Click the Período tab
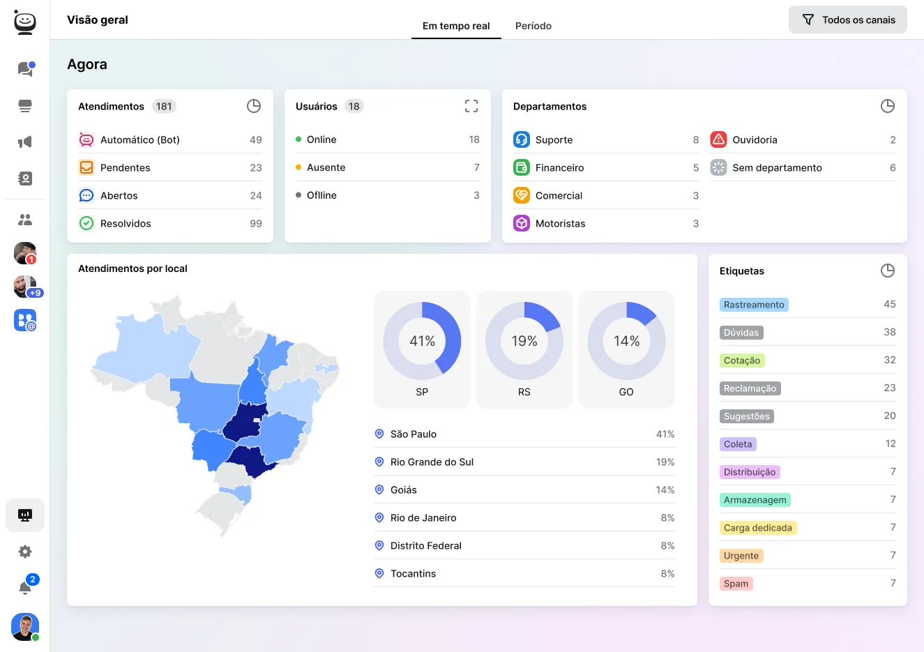click(x=533, y=26)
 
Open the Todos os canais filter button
click(x=847, y=20)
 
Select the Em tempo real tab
click(x=456, y=26)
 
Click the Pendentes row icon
click(x=86, y=167)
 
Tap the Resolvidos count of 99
click(x=255, y=223)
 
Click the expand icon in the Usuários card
click(x=471, y=106)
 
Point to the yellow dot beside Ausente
click(x=298, y=167)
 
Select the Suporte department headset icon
click(x=522, y=139)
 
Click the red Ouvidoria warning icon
click(x=718, y=139)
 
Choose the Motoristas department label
click(x=560, y=223)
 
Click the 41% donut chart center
click(x=422, y=341)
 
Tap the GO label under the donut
click(x=626, y=392)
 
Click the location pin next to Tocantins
click(x=379, y=573)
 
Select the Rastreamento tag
click(x=754, y=305)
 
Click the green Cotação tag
click(x=742, y=361)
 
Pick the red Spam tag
click(x=736, y=584)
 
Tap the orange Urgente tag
click(x=741, y=556)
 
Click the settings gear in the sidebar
click(x=25, y=552)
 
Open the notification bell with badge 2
click(x=25, y=587)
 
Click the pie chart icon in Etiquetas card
click(x=887, y=271)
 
